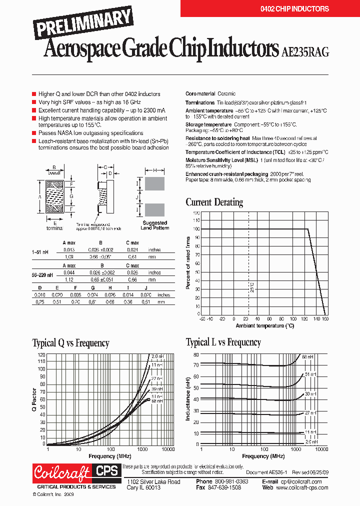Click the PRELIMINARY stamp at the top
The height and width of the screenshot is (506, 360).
tap(83, 24)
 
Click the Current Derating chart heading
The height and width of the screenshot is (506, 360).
tap(214, 202)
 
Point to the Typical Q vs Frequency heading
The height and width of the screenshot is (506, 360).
tap(70, 343)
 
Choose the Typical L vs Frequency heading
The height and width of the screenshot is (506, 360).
tap(223, 342)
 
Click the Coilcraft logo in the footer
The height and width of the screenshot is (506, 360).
tap(61, 472)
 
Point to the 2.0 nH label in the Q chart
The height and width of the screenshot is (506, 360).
tap(157, 356)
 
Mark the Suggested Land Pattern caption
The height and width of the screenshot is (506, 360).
tap(154, 225)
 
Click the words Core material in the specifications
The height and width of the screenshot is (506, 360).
tap(200, 94)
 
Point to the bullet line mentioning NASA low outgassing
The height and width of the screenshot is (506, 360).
tap(90, 133)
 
